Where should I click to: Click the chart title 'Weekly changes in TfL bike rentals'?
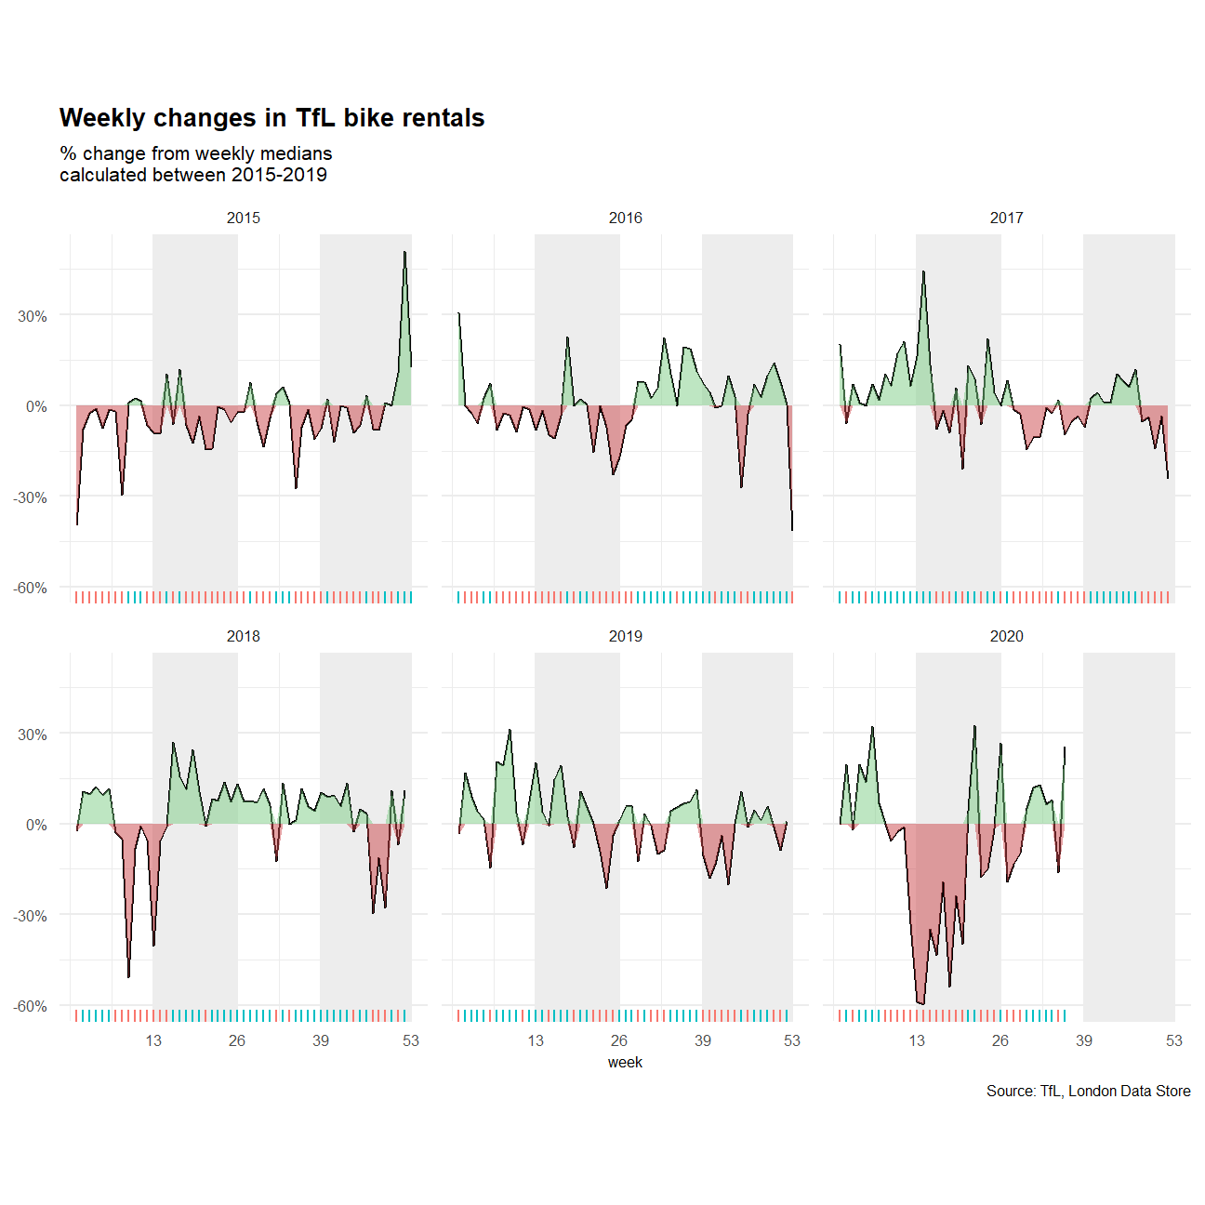[x=271, y=118]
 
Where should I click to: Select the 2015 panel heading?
[x=244, y=218]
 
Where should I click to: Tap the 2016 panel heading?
[x=625, y=218]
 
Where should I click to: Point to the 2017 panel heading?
[x=1006, y=218]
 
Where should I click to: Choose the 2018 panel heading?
[x=244, y=636]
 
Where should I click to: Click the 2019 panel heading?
[x=625, y=636]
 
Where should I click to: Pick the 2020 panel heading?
[x=1006, y=636]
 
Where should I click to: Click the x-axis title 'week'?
[x=625, y=1062]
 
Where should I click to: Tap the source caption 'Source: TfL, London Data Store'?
[x=1088, y=1091]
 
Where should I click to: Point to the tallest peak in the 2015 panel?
[x=404, y=252]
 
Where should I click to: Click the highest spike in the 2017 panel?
[x=923, y=271]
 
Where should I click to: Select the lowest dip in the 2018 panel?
[x=128, y=977]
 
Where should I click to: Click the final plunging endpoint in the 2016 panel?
[x=792, y=530]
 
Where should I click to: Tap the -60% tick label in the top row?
[x=30, y=588]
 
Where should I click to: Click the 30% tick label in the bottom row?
[x=33, y=735]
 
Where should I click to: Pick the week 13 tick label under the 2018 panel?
[x=153, y=1040]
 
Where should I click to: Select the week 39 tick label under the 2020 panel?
[x=1084, y=1040]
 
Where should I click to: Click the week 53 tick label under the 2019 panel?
[x=792, y=1040]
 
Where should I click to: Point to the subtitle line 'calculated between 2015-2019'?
[x=193, y=175]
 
